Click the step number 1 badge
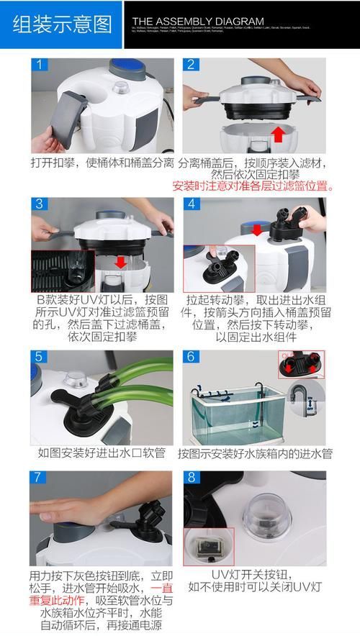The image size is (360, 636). point(41,65)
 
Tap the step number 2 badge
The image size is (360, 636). point(191,65)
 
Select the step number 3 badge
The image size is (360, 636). point(41,204)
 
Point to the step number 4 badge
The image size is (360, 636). point(191,204)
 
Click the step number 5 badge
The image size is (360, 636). point(41,357)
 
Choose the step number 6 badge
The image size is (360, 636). point(191,357)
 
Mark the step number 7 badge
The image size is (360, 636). point(41,478)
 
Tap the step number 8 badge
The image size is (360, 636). point(191,478)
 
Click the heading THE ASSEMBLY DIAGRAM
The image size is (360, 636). point(198,21)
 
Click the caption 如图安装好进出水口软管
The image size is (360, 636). point(102,453)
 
